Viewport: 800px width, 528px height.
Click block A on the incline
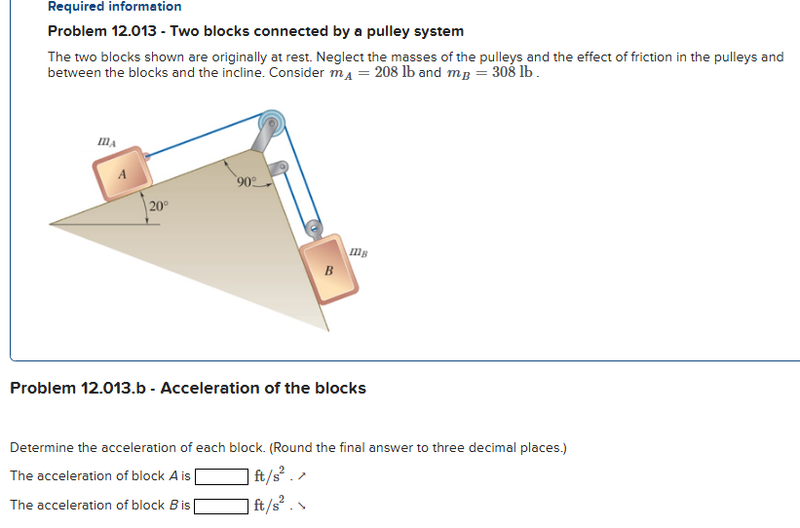click(x=123, y=173)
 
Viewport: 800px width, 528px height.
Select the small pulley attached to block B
click(x=314, y=229)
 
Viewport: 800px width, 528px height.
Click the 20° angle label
click(x=159, y=206)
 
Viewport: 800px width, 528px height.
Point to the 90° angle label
click(x=246, y=181)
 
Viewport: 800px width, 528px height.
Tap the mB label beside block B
click(x=360, y=251)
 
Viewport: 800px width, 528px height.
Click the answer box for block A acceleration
click(x=220, y=476)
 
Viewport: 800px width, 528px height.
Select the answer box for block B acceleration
click(x=220, y=506)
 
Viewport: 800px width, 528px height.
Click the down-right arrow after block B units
click(x=294, y=507)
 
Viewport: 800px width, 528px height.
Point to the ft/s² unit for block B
click(x=265, y=505)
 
